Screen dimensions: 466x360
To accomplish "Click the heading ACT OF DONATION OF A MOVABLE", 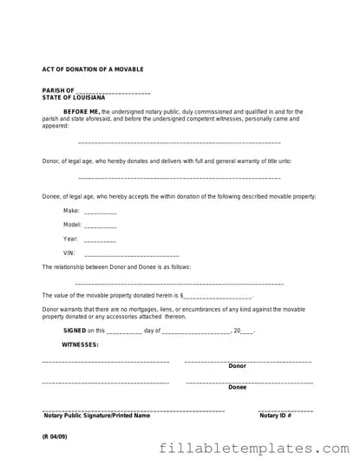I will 94,69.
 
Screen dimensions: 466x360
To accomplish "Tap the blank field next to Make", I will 101,213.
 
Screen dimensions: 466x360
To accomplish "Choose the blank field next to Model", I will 101,226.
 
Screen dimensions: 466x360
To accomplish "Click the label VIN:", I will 69,253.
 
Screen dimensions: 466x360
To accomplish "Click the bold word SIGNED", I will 75,331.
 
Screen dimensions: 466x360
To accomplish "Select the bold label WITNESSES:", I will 80,345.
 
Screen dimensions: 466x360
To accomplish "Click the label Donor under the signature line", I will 237,366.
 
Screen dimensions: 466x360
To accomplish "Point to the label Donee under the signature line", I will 237,387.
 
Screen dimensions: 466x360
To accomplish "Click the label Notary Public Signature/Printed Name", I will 97,416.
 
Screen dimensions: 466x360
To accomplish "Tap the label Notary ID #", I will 276,416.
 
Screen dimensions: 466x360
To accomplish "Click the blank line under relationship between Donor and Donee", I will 180,284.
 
